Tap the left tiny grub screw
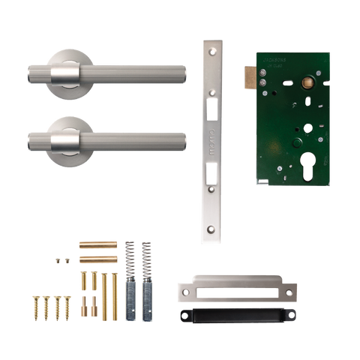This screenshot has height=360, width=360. (x=57, y=259)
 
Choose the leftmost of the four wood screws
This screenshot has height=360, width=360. (x=34, y=307)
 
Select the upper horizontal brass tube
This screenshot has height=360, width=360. (x=98, y=244)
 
